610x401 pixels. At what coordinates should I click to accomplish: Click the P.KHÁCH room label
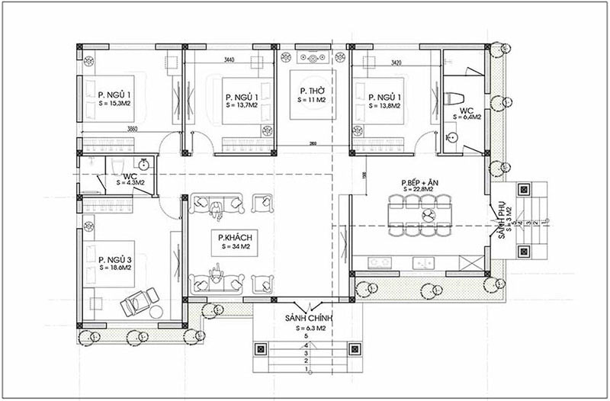234,237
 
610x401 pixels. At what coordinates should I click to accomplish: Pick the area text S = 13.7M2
244,107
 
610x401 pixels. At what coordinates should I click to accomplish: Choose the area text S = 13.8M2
387,107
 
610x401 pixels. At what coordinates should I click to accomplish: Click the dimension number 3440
229,59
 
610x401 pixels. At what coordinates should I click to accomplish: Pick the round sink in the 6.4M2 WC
452,137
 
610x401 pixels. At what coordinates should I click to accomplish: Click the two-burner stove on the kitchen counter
379,262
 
